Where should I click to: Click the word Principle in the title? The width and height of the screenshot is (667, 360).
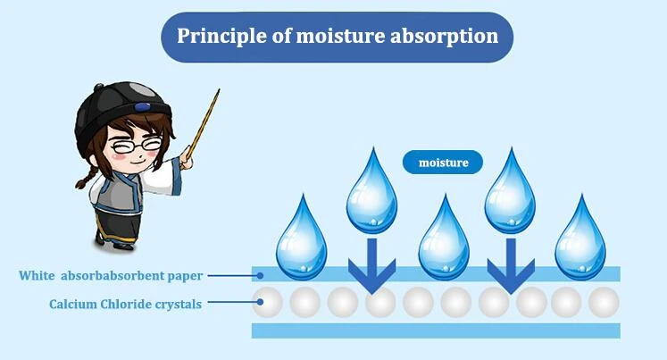pos(222,36)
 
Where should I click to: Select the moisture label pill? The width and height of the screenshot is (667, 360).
pos(443,162)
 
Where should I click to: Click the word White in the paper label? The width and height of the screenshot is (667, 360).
pos(37,275)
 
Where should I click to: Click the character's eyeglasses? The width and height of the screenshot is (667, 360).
pos(136,146)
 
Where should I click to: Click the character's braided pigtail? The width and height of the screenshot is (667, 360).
pos(87,178)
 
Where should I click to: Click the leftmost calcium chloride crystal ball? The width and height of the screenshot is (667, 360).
pos(267,302)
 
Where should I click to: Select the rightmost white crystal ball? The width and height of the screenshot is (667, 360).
pos(604,302)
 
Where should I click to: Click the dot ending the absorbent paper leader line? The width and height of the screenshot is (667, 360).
pos(260,276)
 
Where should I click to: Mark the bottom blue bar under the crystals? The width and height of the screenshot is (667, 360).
pos(436,331)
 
